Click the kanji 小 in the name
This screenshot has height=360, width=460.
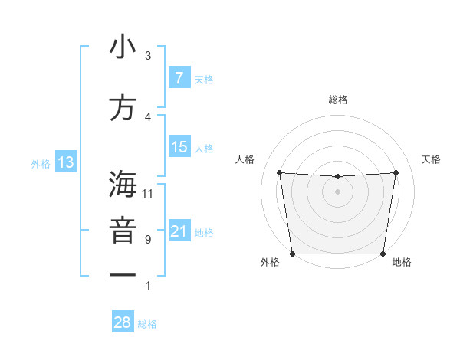click(123, 47)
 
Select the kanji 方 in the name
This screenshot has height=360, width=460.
click(123, 108)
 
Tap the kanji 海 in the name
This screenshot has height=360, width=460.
click(123, 185)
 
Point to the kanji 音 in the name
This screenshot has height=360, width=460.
click(123, 231)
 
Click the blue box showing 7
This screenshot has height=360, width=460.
click(179, 77)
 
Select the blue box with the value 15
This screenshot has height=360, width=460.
click(179, 147)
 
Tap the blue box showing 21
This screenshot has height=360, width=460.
click(179, 231)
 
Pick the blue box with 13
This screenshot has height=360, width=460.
click(65, 162)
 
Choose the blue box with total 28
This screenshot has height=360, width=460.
click(123, 322)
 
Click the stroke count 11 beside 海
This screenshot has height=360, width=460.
click(148, 194)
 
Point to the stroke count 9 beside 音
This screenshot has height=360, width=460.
click(148, 240)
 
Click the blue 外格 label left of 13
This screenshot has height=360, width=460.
click(40, 163)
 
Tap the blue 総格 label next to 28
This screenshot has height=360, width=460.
click(147, 324)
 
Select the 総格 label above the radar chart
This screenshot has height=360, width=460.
click(337, 100)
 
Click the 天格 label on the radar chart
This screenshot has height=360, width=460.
click(431, 159)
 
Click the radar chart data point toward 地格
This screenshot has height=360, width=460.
click(383, 254)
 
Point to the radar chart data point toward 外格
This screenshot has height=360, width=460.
click(293, 254)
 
